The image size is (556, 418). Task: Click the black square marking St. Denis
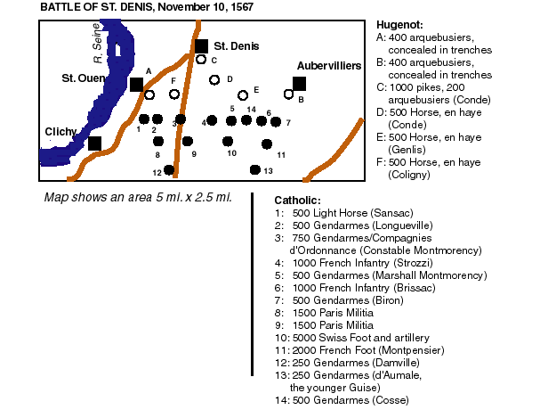pos(201,46)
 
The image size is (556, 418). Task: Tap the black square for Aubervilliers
pos(299,84)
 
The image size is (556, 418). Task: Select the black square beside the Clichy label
pos(94,143)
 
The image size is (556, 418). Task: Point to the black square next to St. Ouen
pos(135,85)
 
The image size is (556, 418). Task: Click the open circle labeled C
pos(202,61)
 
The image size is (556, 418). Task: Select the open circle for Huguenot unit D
pos(214,80)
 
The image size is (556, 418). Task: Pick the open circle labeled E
pos(242,94)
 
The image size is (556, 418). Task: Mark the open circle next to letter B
pos(288,94)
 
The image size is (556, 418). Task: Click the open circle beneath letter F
pos(174,94)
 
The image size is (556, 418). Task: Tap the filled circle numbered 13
pos(254,169)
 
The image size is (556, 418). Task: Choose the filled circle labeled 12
pos(169,169)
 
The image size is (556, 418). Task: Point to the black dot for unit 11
pos(267,143)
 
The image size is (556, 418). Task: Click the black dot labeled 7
pos(277,121)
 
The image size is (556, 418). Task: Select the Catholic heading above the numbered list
pos(297,200)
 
